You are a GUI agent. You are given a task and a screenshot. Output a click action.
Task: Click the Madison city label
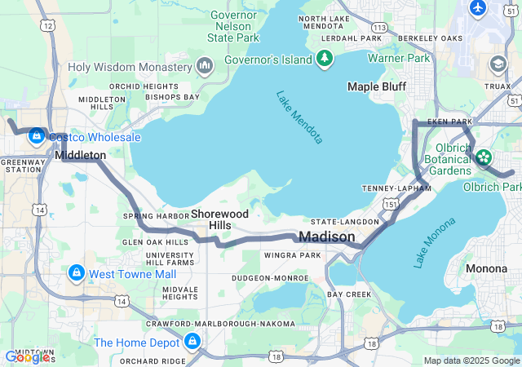pyautogui.click(x=327, y=237)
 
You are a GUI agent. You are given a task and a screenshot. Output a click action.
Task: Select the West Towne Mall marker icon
pyautogui.click(x=76, y=272)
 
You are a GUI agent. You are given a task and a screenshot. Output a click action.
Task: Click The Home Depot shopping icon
pyautogui.click(x=192, y=341)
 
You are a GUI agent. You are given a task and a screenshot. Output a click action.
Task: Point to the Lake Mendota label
pyautogui.click(x=299, y=117)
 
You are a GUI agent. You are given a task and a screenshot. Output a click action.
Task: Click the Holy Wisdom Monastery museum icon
pyautogui.click(x=204, y=64)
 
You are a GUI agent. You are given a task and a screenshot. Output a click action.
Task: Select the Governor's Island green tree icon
pyautogui.click(x=325, y=58)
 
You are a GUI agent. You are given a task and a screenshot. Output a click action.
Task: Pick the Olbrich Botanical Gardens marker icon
pyautogui.click(x=484, y=156)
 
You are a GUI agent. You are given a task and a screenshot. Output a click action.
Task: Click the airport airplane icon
pyautogui.click(x=478, y=7)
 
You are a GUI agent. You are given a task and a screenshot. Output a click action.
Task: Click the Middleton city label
pyautogui.click(x=80, y=155)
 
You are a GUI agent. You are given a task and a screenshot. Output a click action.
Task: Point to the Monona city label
pyautogui.click(x=486, y=268)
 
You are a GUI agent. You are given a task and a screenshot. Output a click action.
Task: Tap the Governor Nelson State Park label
pyautogui.click(x=233, y=26)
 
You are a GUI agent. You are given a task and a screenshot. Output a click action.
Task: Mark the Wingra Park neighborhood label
pyautogui.click(x=293, y=255)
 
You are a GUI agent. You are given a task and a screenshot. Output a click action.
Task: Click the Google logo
pyautogui.click(x=27, y=357)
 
